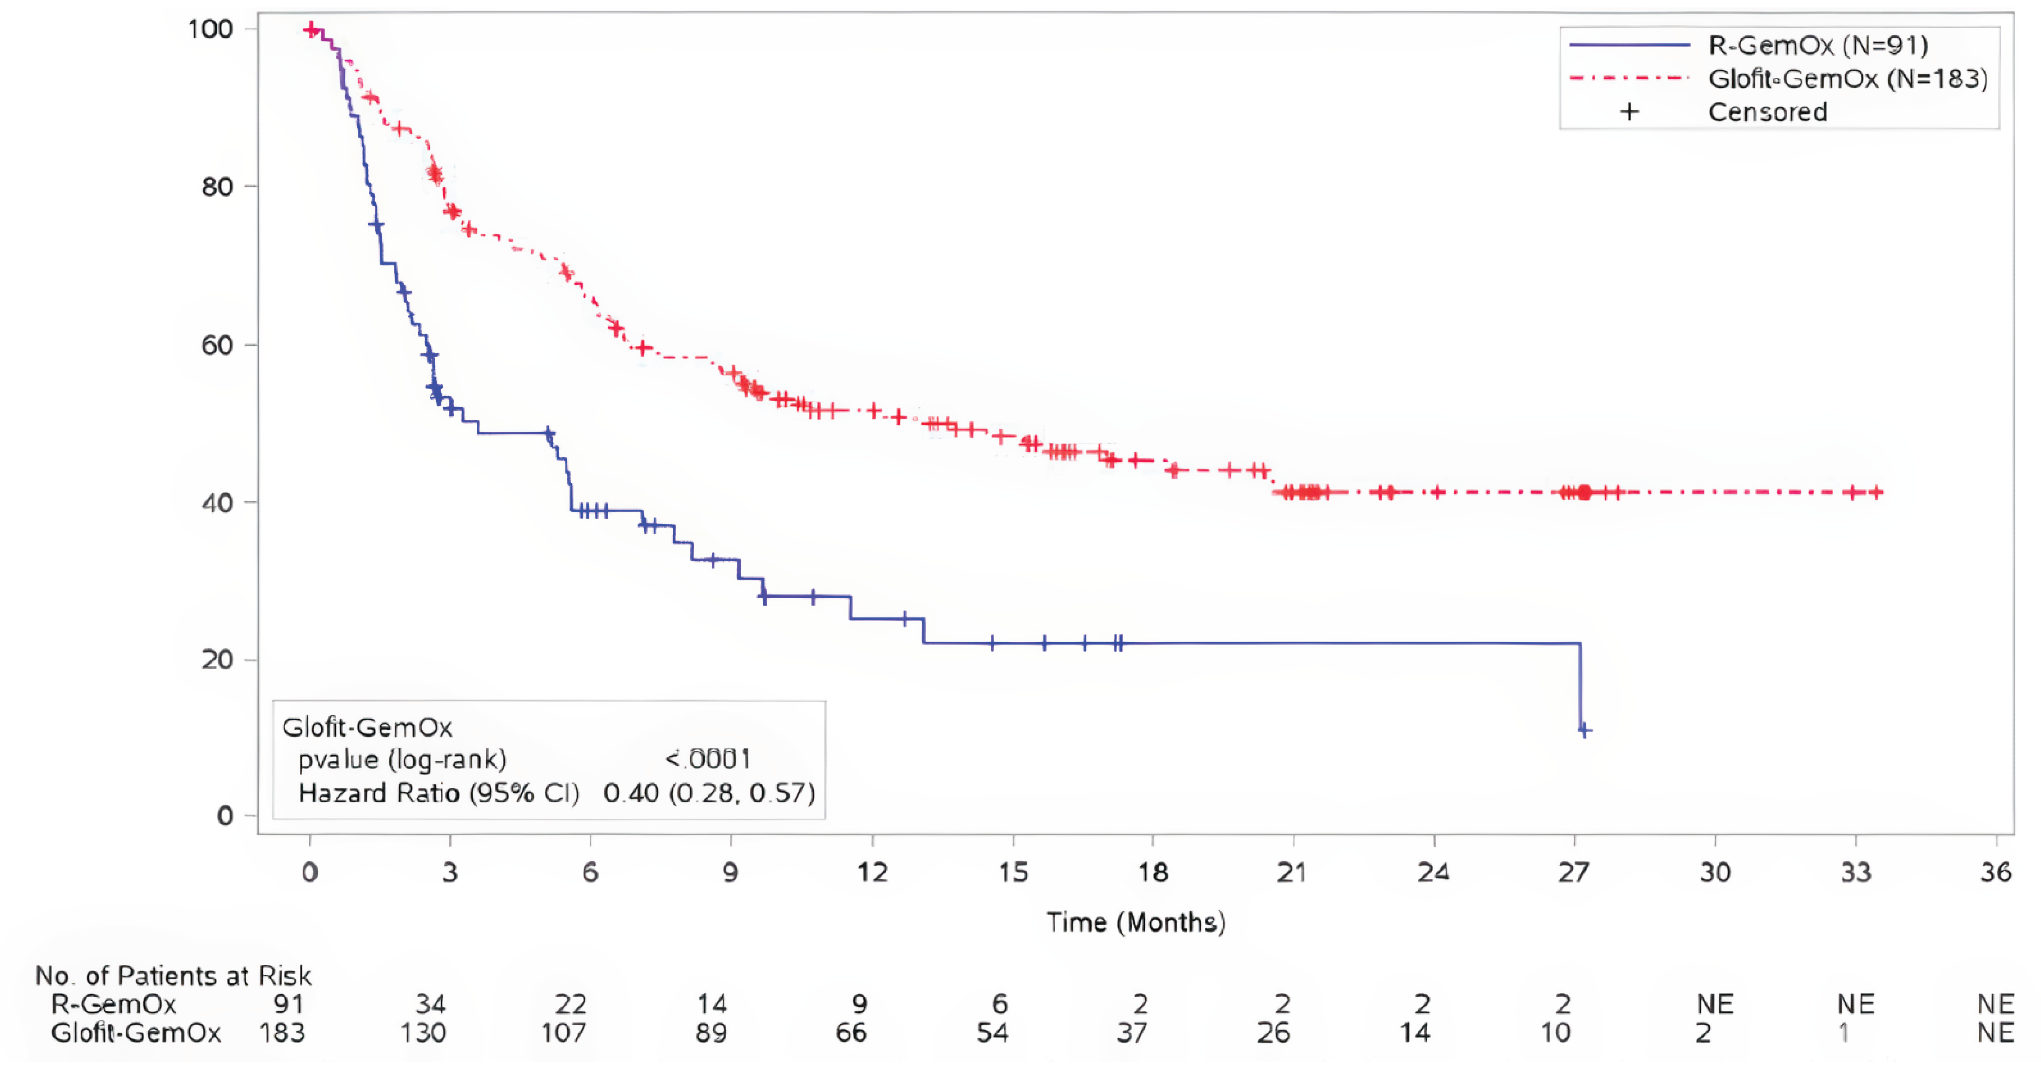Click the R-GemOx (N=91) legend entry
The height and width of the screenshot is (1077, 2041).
point(1818,45)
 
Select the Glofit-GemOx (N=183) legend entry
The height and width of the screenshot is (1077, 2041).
point(1847,79)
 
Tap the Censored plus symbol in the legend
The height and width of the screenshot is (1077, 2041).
point(1629,112)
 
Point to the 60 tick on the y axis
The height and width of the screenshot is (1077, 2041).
point(217,345)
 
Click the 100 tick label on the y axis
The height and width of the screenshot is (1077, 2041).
point(210,29)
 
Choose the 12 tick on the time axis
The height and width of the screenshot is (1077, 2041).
point(872,872)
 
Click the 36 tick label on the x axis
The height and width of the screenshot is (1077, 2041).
point(1995,872)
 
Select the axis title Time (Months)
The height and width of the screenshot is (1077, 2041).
point(1136,922)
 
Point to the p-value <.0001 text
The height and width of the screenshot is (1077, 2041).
point(708,759)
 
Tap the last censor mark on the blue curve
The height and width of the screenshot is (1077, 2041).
point(1584,730)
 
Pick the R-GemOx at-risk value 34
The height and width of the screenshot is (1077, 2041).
point(431,1004)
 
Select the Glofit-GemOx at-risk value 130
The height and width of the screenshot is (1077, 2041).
point(423,1032)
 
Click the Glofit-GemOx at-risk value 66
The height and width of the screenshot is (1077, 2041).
point(851,1032)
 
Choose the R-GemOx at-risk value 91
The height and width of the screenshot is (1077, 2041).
point(288,1004)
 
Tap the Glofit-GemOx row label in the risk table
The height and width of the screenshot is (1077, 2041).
point(136,1032)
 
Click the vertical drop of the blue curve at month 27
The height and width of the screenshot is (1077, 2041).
point(1580,686)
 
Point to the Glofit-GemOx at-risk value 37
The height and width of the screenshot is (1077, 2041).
point(1132,1032)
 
